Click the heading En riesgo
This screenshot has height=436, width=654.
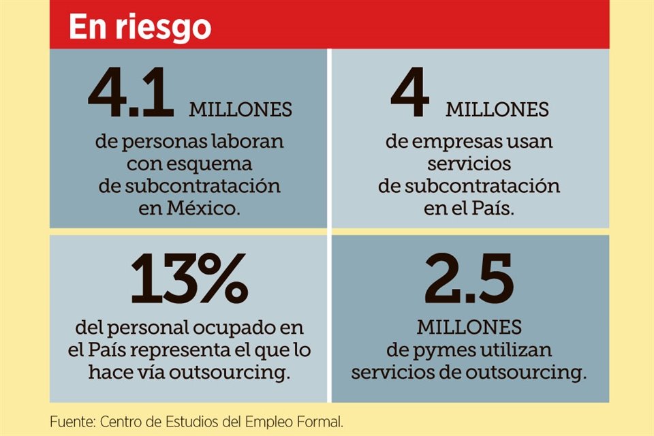(x=140, y=27)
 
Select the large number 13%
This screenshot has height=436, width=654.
(x=189, y=279)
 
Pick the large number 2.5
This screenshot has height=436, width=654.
(x=469, y=279)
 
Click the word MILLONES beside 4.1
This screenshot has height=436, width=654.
(x=240, y=109)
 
